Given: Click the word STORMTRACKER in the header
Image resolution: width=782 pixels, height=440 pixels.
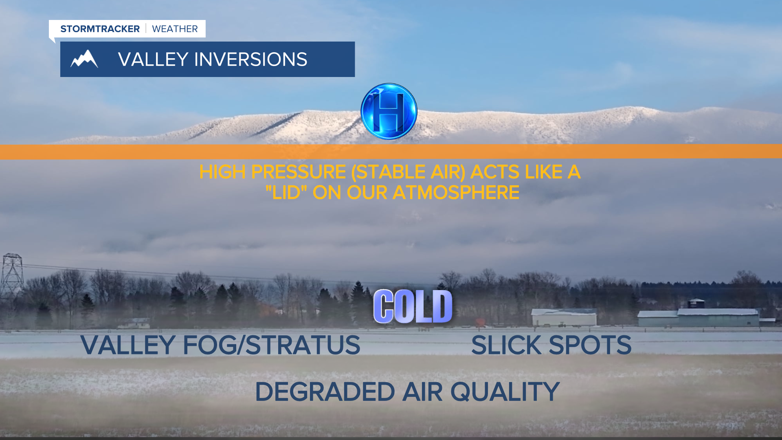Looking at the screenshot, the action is tap(100, 29).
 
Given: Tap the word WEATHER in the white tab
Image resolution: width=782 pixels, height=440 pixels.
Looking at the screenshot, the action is tap(175, 29).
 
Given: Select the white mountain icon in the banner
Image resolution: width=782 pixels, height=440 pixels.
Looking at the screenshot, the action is tap(84, 59).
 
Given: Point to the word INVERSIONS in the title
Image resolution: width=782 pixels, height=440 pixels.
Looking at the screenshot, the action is tap(251, 59).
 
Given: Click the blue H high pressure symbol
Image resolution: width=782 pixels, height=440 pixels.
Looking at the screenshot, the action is tap(389, 111).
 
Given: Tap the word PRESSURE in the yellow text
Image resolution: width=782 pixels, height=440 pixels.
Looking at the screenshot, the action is tap(299, 172).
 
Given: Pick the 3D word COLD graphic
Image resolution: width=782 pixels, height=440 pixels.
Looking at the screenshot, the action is tap(413, 306).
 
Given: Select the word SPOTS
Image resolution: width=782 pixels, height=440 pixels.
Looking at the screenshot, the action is tap(590, 345).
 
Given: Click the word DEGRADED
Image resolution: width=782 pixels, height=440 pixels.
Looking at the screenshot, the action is tap(325, 392).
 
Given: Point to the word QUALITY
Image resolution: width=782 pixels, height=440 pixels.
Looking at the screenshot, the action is tap(505, 392).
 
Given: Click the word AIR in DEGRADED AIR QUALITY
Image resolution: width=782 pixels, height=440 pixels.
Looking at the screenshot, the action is tap(422, 392).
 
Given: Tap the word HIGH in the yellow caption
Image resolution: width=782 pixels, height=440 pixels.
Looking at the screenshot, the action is tap(222, 172).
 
